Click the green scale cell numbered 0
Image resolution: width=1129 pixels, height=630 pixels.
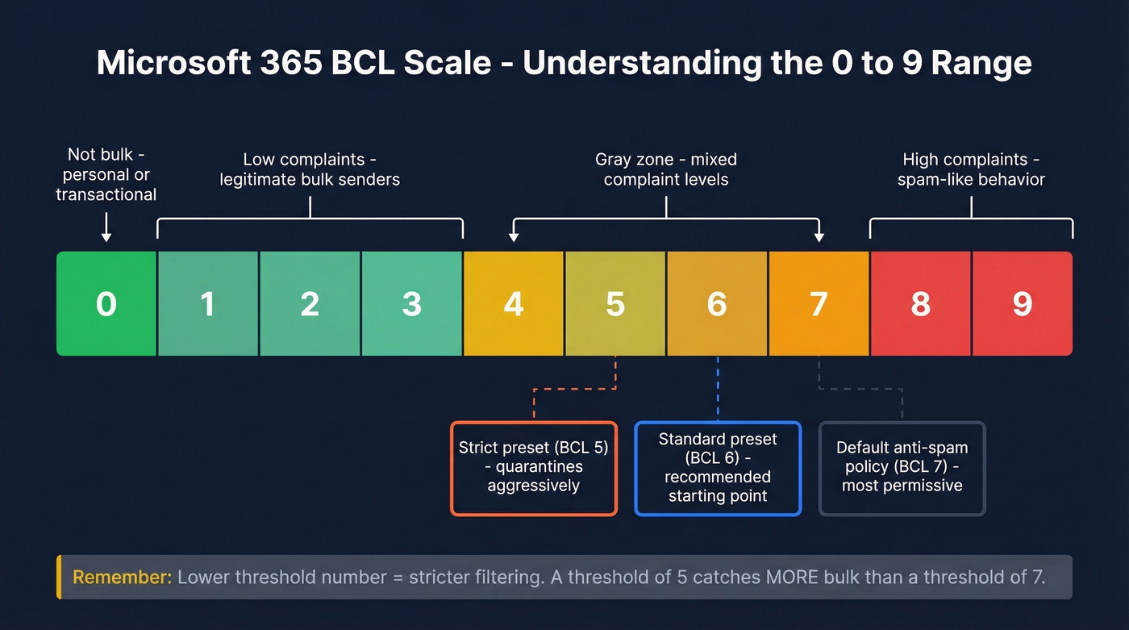[x=106, y=303]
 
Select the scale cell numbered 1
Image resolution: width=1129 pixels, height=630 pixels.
[x=208, y=303]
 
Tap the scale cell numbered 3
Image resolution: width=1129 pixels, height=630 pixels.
[x=412, y=303]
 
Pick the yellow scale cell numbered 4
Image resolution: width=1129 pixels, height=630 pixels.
[x=514, y=303]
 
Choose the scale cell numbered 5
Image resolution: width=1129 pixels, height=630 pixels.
[x=615, y=303]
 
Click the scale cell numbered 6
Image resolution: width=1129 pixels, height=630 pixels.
[x=717, y=303]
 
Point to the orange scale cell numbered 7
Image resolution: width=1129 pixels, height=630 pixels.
[x=819, y=303]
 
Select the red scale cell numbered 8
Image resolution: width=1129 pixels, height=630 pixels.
[x=920, y=303]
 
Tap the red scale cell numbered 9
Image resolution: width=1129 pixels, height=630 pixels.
[x=1023, y=303]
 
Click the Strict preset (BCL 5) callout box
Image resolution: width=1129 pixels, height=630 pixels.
[x=533, y=468]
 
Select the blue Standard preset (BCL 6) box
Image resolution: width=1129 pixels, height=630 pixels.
[x=718, y=468]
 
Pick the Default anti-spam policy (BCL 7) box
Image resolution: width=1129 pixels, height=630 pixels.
[x=902, y=468]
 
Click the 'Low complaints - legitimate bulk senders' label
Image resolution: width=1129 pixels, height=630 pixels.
[x=310, y=169]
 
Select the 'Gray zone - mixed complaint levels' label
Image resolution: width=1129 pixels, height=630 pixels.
[x=666, y=169]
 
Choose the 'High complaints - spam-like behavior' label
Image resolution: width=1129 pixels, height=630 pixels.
[x=971, y=169]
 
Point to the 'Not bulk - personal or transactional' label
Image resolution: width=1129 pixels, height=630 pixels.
[x=106, y=174]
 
